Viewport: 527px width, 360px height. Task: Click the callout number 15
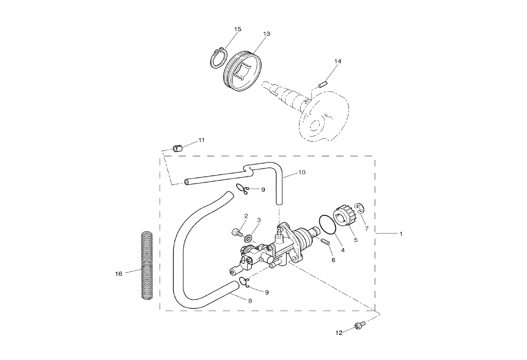[238, 29]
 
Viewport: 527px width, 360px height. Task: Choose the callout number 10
[302, 172]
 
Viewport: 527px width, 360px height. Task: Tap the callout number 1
[401, 233]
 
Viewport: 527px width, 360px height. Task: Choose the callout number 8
[250, 301]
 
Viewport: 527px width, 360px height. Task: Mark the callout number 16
[119, 274]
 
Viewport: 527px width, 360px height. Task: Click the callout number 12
[339, 332]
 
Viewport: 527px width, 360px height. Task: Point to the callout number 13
[266, 34]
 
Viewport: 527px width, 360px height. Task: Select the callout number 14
[337, 61]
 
